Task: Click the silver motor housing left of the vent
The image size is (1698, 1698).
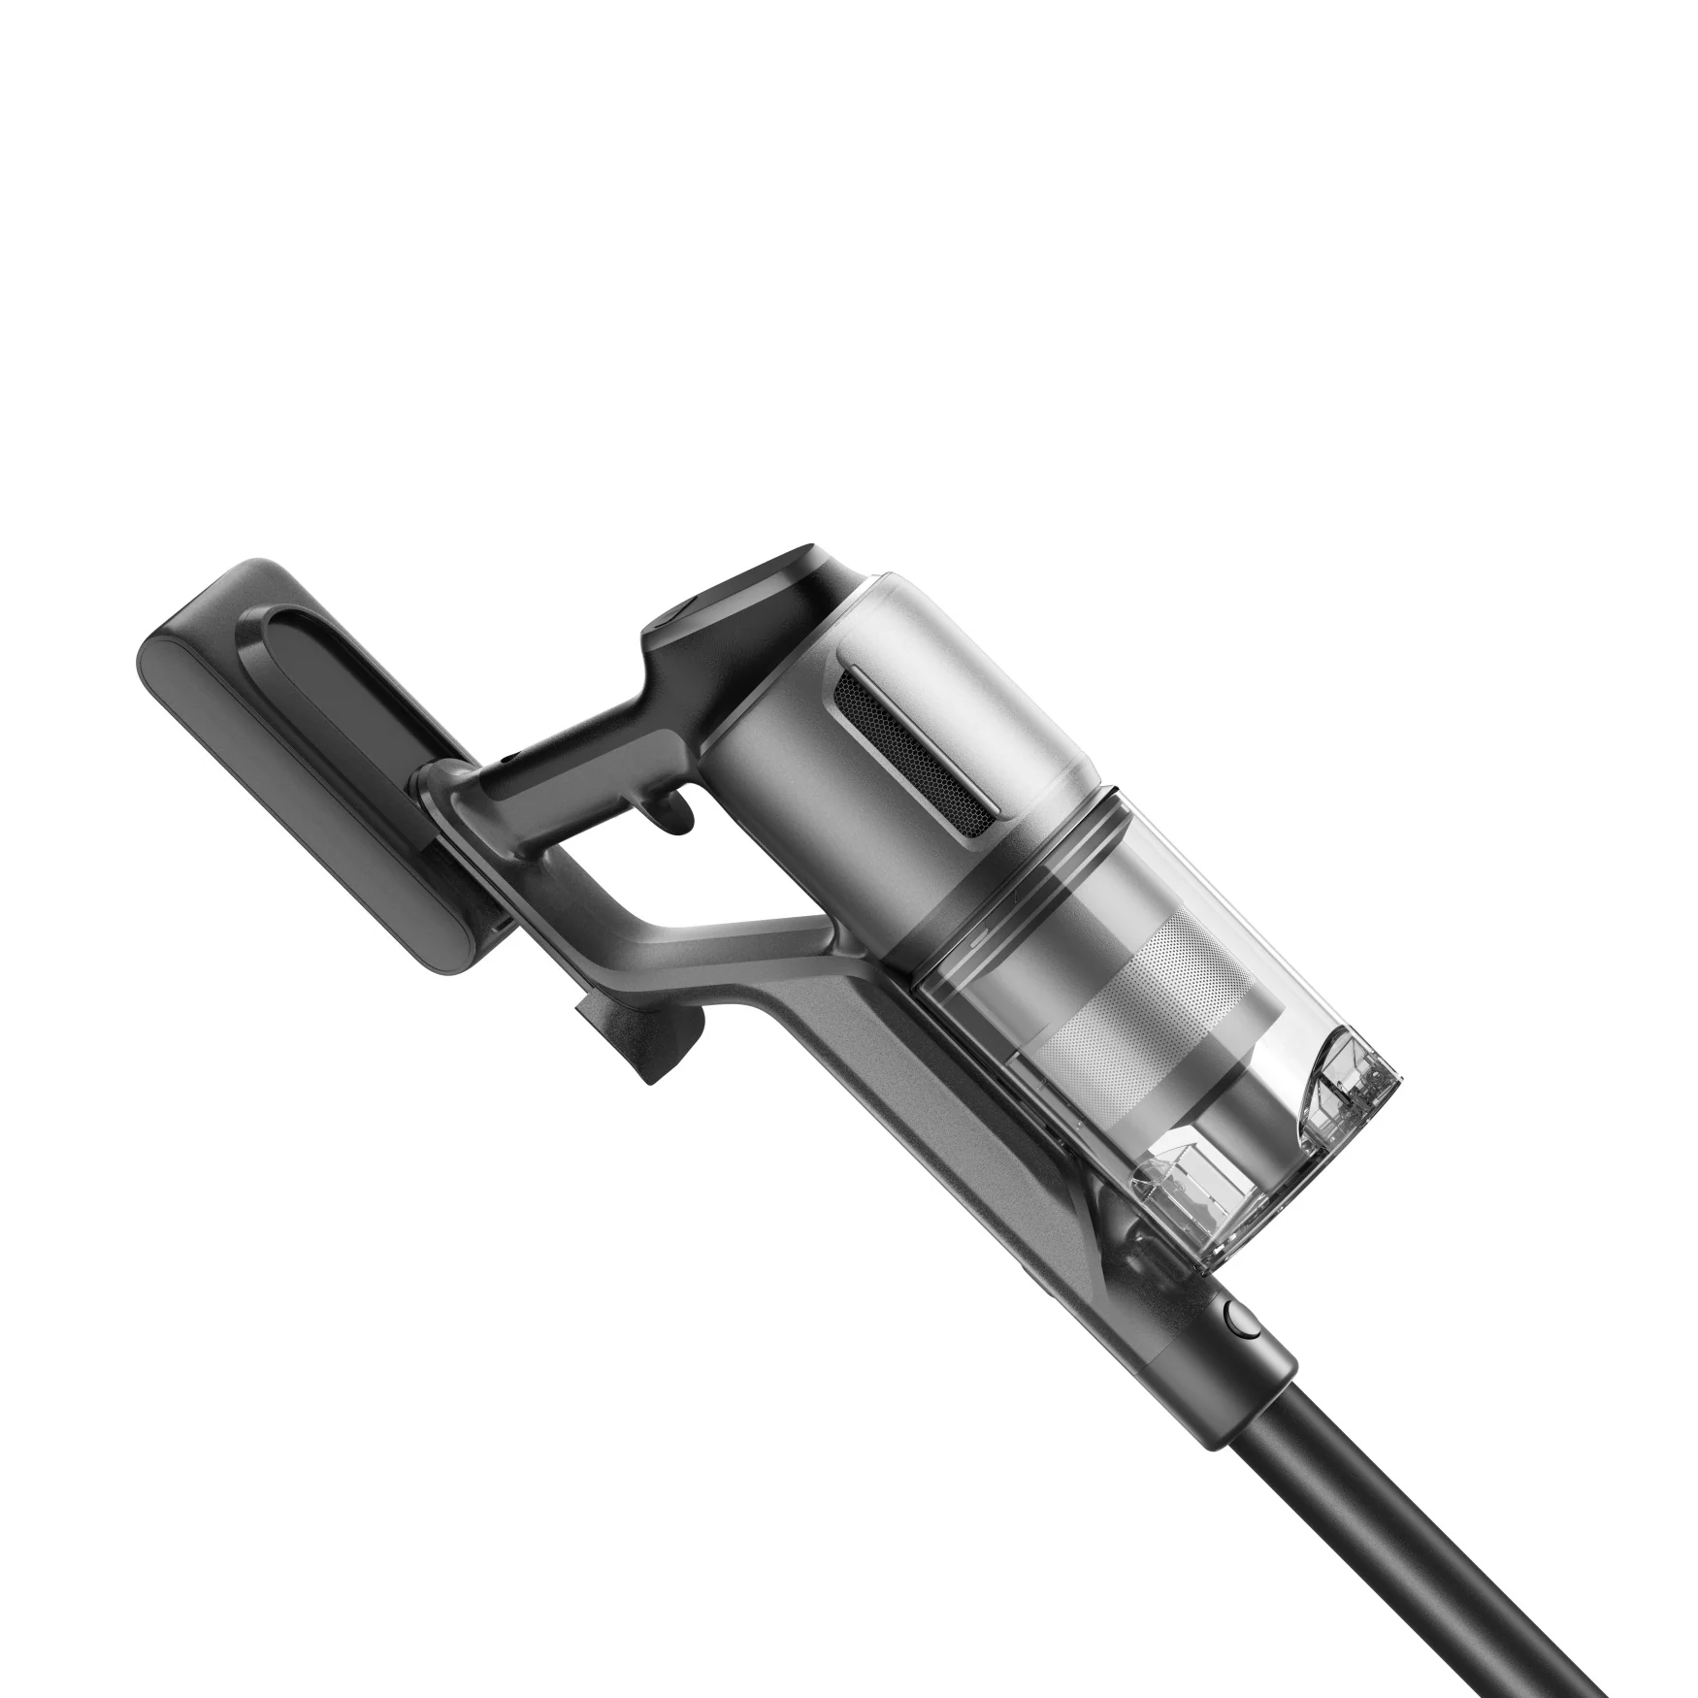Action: pos(776,737)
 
